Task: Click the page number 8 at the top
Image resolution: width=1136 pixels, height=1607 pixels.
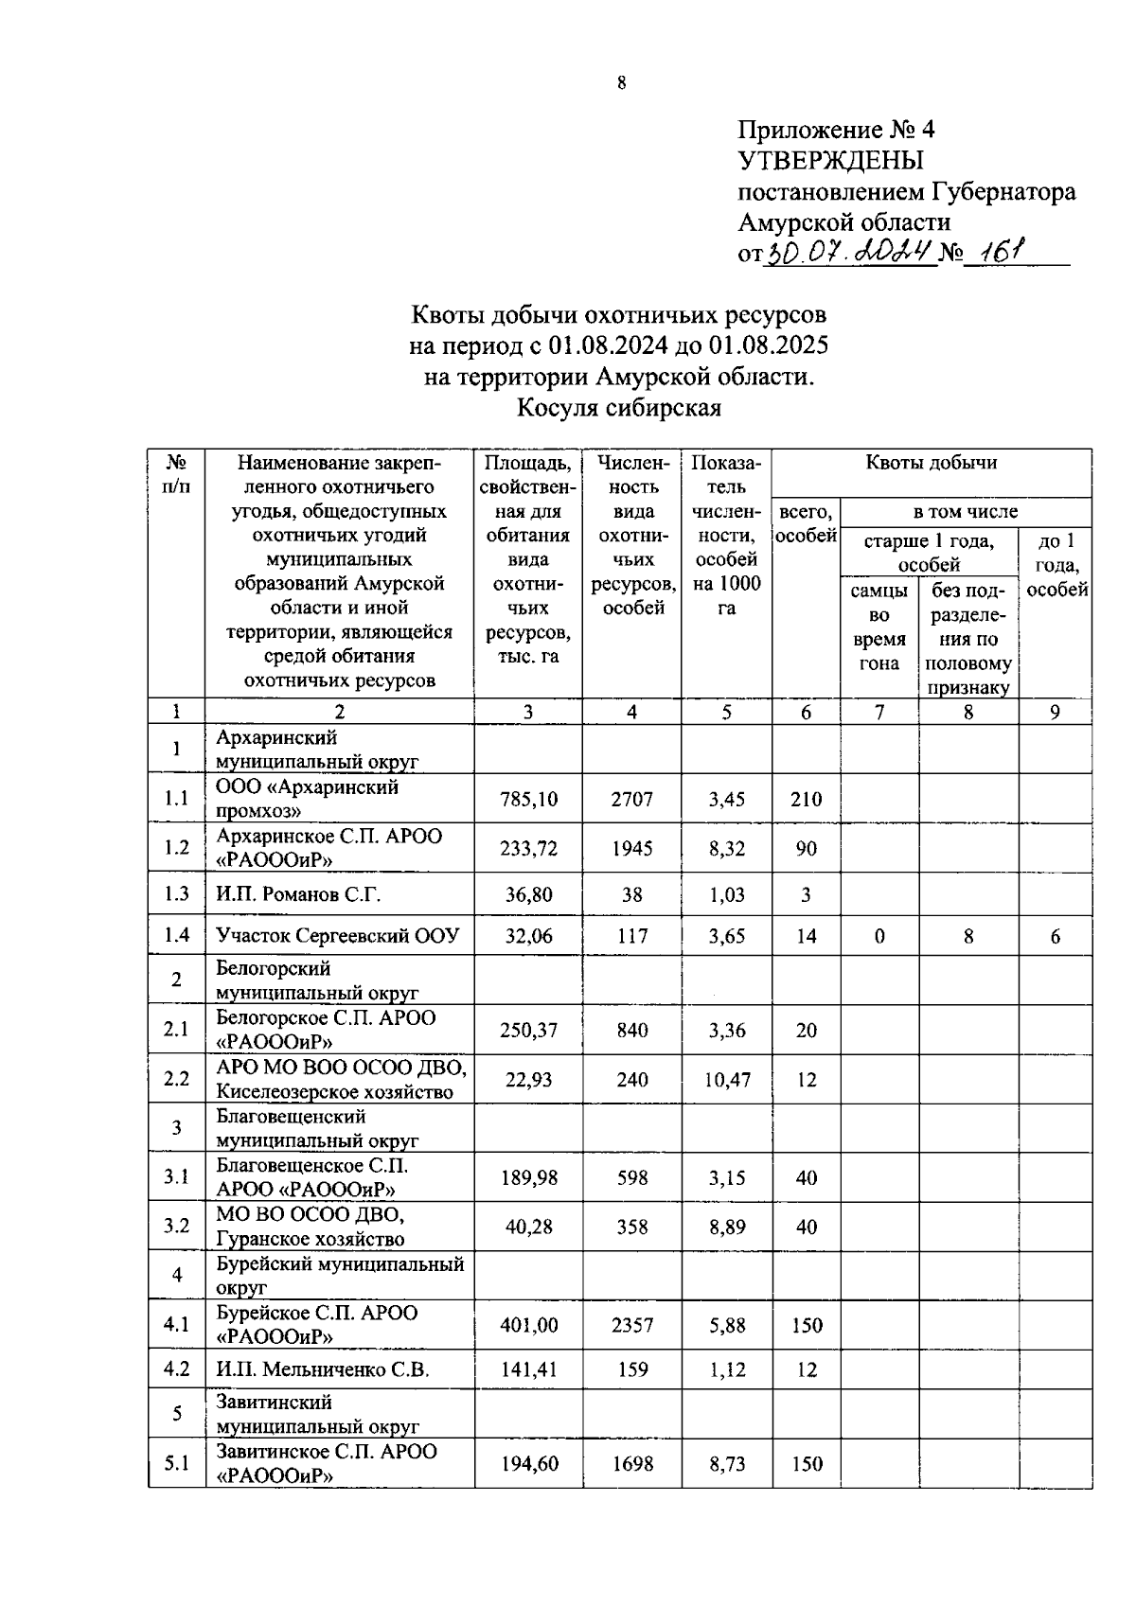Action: pyautogui.click(x=621, y=83)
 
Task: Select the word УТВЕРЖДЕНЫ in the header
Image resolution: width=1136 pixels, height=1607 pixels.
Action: pyautogui.click(x=830, y=160)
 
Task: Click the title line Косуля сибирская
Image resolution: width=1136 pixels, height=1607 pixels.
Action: pyautogui.click(x=618, y=408)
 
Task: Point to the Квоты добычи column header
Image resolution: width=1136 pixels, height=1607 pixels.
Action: pyautogui.click(x=932, y=463)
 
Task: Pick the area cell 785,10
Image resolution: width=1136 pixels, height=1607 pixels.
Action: pyautogui.click(x=528, y=799)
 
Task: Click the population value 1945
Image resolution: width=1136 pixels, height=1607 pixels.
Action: pyautogui.click(x=631, y=848)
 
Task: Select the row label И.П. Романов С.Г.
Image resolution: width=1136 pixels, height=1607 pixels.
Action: pyautogui.click(x=298, y=893)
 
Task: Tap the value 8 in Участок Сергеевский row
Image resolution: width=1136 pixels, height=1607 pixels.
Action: pyautogui.click(x=967, y=936)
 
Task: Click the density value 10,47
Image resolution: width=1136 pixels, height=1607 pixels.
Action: pyautogui.click(x=726, y=1080)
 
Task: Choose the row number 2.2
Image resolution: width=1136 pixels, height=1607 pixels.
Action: pyautogui.click(x=176, y=1079)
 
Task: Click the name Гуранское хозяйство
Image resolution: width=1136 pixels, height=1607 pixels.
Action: pyautogui.click(x=310, y=1239)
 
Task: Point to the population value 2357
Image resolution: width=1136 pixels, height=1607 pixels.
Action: pyautogui.click(x=631, y=1325)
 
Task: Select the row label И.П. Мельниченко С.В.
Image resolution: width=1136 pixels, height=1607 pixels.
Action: pyautogui.click(x=322, y=1369)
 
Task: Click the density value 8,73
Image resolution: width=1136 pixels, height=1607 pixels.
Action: pyautogui.click(x=726, y=1463)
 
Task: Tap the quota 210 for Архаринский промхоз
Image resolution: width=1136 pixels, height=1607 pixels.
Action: pyautogui.click(x=806, y=799)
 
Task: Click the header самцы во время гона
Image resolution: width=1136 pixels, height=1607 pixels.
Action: pyautogui.click(x=879, y=627)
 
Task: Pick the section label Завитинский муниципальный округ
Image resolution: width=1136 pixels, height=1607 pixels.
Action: pyautogui.click(x=317, y=1414)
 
